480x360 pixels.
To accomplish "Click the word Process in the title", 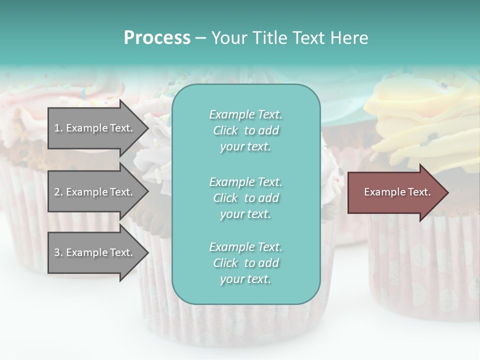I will click(x=157, y=37).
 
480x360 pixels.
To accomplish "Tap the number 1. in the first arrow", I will click(x=58, y=128).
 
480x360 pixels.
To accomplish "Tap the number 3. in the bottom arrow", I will click(x=58, y=252).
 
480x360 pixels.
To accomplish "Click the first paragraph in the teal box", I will click(x=245, y=130).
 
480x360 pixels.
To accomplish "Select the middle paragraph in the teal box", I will click(x=245, y=198).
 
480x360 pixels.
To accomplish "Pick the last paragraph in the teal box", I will click(x=245, y=263).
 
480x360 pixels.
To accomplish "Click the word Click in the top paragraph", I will click(x=225, y=130).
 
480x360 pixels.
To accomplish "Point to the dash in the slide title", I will click(x=200, y=38).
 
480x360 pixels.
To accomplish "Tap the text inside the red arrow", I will click(x=397, y=192).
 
